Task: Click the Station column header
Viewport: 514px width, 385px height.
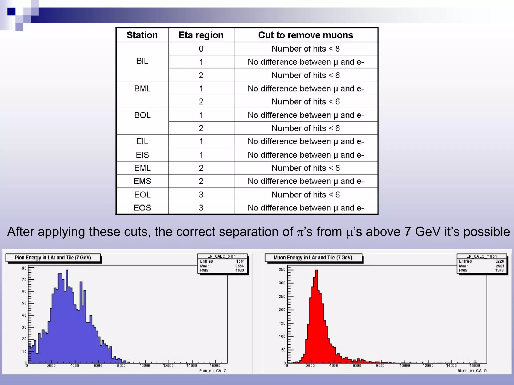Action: point(142,35)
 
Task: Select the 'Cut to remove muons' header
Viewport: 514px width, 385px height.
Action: point(305,35)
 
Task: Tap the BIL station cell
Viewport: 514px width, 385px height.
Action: point(142,61)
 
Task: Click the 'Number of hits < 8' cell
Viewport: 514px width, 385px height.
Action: point(305,49)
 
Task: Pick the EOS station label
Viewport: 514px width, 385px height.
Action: point(142,208)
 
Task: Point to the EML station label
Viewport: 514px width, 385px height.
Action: point(142,168)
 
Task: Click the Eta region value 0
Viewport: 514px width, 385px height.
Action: point(201,49)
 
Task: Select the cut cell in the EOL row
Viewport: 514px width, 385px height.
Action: point(305,195)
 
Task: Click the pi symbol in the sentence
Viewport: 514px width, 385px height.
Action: point(300,232)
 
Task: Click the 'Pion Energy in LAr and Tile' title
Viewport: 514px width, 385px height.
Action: point(53,258)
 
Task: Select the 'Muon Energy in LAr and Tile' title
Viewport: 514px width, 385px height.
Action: point(313,258)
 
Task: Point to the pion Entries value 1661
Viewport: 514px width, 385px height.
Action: point(240,261)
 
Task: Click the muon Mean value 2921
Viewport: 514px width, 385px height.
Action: point(500,266)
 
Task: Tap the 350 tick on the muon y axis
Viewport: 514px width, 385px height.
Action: point(282,269)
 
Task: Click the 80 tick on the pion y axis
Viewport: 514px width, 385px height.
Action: point(24,268)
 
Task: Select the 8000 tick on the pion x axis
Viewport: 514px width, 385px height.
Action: point(121,366)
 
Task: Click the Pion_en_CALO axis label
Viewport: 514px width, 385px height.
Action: point(213,371)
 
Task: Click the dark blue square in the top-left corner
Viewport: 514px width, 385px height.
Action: point(11,12)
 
